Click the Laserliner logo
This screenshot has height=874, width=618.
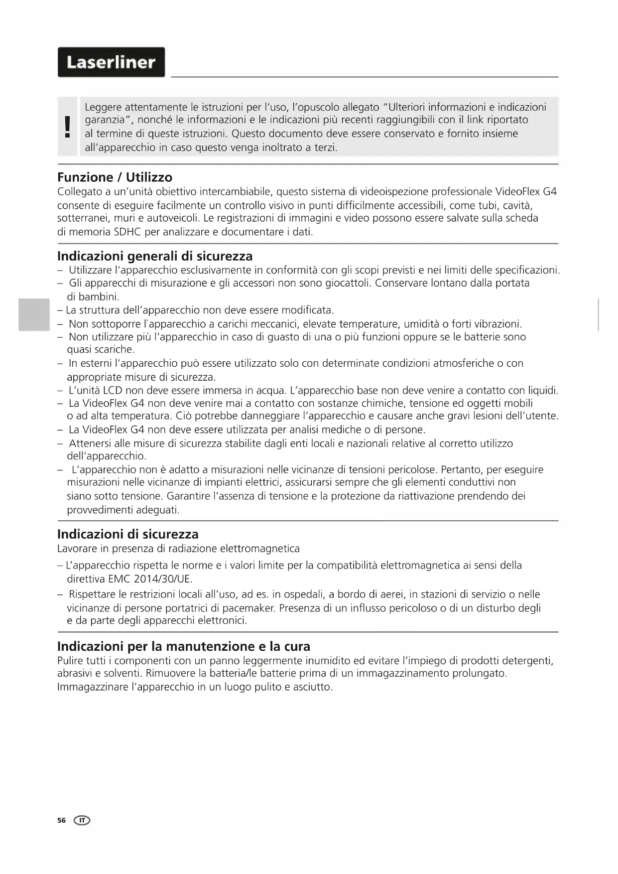tap(111, 62)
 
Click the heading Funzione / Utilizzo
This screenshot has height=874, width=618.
tap(115, 177)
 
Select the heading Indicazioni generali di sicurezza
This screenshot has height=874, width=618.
tap(155, 256)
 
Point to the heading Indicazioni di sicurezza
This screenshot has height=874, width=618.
tap(127, 534)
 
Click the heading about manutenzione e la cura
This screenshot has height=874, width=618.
tap(184, 646)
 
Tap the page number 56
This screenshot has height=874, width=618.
tap(61, 820)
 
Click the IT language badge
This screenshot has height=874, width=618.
tap(82, 820)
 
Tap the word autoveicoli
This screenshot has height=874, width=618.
tap(173, 218)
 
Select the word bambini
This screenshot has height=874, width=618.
tap(100, 297)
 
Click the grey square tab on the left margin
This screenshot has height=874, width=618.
tap(34, 314)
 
